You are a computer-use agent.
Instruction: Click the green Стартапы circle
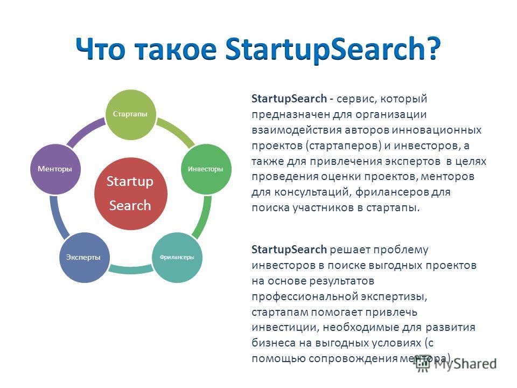(x=130, y=114)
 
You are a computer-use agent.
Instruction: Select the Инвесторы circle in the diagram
(x=206, y=169)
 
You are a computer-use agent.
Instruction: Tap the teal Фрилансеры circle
(x=177, y=258)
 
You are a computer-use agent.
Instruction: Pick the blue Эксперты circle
(x=84, y=258)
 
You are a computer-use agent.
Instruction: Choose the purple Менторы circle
(x=55, y=169)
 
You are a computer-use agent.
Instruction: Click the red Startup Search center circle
(x=130, y=193)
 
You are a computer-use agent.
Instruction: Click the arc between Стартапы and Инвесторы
(x=177, y=131)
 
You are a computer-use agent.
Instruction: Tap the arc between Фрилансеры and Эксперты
(x=130, y=270)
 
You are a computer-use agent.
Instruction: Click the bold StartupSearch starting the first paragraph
(x=289, y=99)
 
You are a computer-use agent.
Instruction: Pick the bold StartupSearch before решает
(x=289, y=250)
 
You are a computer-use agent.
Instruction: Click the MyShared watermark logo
(x=456, y=364)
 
